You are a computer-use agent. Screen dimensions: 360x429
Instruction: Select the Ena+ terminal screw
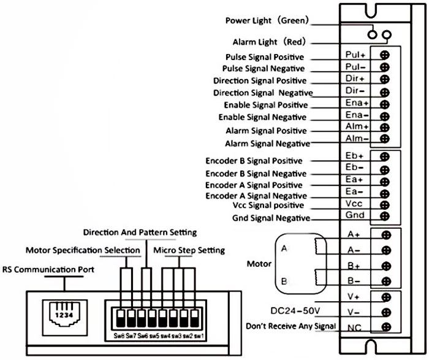[x=385, y=104]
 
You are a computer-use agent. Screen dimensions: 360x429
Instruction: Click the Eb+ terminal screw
[x=385, y=157]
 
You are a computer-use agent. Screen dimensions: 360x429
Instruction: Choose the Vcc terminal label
[x=355, y=204]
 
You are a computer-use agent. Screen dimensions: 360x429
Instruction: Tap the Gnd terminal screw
[x=385, y=216]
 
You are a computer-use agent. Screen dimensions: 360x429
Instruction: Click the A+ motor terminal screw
[x=386, y=235]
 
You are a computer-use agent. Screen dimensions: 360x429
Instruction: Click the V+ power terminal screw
[x=386, y=297]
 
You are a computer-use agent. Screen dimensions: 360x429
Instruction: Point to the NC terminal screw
[x=386, y=327]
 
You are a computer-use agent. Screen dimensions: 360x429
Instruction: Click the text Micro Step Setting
[x=189, y=250]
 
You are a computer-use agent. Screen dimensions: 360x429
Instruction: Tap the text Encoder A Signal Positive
[x=254, y=185]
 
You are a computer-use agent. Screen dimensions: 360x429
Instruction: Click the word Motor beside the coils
[x=259, y=264]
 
